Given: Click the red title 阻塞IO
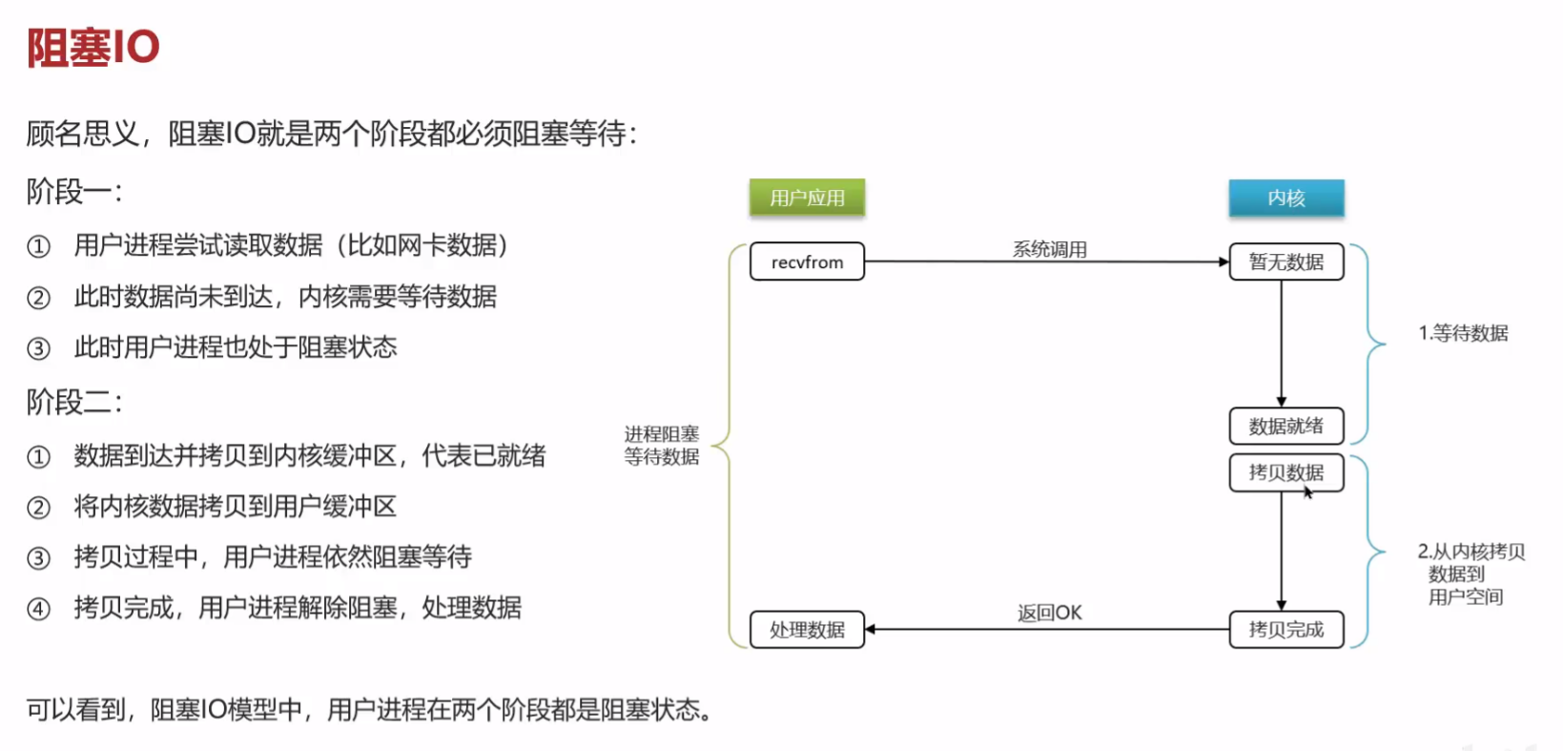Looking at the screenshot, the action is click(x=93, y=48).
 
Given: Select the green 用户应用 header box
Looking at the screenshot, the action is click(x=808, y=198).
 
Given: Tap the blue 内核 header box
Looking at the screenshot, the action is click(x=1286, y=198).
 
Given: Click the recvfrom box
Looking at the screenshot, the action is click(x=808, y=261).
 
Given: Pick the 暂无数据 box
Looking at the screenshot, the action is click(x=1286, y=261).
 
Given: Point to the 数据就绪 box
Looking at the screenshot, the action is click(x=1286, y=426).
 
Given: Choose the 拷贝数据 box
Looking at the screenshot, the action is click(x=1286, y=472).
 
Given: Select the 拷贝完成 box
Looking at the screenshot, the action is click(x=1286, y=630).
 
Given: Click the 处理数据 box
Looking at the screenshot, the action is click(x=808, y=630).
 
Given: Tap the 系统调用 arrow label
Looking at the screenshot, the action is click(x=1049, y=249).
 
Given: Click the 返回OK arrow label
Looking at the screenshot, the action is click(x=1049, y=613).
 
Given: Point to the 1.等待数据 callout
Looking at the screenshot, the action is click(x=1463, y=333).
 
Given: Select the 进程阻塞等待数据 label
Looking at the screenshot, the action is click(x=662, y=446).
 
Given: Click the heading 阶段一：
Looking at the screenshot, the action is click(x=74, y=192).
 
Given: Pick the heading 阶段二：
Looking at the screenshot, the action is click(x=74, y=402).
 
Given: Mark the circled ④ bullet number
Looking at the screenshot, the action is click(x=38, y=609).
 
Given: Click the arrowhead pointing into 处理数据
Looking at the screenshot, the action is click(x=871, y=630).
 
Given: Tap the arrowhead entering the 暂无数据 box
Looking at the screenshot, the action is click(x=1224, y=261).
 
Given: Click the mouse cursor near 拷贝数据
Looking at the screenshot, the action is click(x=1307, y=492).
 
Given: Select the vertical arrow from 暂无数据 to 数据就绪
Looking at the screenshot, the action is click(x=1281, y=344).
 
